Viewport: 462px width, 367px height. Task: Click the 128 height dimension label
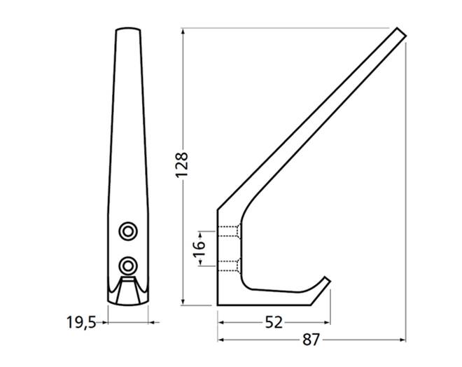tap(181, 165)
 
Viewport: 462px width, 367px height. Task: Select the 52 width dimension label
tap(274, 322)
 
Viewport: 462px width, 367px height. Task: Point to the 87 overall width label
tap(311, 340)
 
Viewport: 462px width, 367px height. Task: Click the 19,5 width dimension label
tap(82, 322)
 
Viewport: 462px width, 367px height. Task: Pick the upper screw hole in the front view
tap(128, 231)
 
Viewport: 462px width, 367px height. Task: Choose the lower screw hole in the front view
tap(128, 266)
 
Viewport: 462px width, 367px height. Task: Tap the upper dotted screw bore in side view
tap(230, 231)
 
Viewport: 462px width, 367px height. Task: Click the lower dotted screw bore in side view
tap(230, 265)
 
